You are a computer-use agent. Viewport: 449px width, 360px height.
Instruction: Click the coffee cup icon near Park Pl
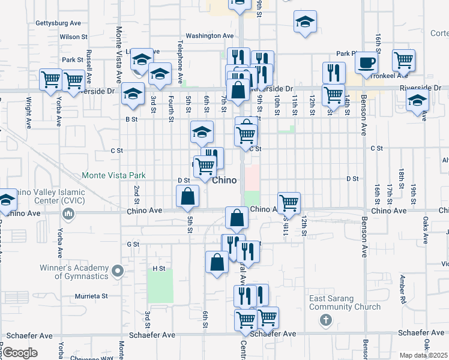pyautogui.click(x=366, y=63)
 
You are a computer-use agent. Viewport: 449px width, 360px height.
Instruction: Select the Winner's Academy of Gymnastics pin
pyautogui.click(x=118, y=271)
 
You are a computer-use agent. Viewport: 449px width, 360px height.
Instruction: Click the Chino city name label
pyautogui.click(x=224, y=180)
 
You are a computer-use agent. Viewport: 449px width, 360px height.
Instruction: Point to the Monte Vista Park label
pyautogui.click(x=113, y=176)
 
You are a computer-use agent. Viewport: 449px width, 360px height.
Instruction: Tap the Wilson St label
pyautogui.click(x=74, y=37)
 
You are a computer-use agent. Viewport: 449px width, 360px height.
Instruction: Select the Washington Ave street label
pyautogui.click(x=209, y=36)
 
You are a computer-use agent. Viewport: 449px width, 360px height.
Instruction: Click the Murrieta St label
pyautogui.click(x=91, y=296)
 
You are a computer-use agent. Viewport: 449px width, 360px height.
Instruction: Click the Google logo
pyautogui.click(x=20, y=352)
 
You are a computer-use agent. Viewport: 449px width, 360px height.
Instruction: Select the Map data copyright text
pyautogui.click(x=424, y=355)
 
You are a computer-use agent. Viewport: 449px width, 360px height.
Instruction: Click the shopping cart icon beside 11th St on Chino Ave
pyautogui.click(x=289, y=203)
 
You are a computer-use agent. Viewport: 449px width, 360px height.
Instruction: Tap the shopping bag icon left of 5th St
pyautogui.click(x=188, y=196)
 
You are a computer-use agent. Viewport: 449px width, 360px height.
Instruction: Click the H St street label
pyautogui.click(x=158, y=268)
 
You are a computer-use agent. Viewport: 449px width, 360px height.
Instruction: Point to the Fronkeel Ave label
pyautogui.click(x=390, y=76)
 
